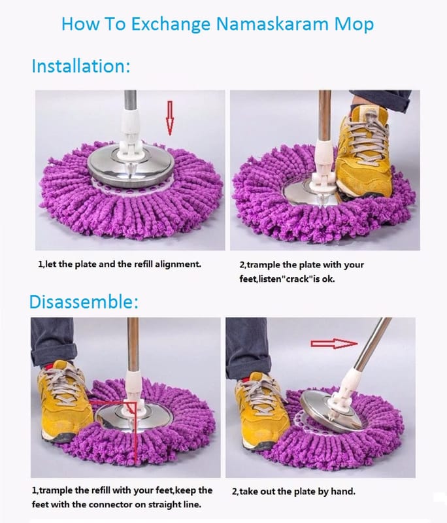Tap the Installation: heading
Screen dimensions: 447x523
pyautogui.click(x=80, y=66)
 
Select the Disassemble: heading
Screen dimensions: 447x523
pyautogui.click(x=84, y=301)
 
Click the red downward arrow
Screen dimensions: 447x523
pyautogui.click(x=170, y=118)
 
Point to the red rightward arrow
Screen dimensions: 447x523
pyautogui.click(x=334, y=344)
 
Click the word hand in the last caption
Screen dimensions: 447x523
pyautogui.click(x=343, y=492)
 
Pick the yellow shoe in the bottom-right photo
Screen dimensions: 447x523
pyautogui.click(x=261, y=411)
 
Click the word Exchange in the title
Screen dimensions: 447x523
pyautogui.click(x=170, y=25)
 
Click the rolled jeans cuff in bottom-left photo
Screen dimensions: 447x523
pyautogui.click(x=54, y=354)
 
